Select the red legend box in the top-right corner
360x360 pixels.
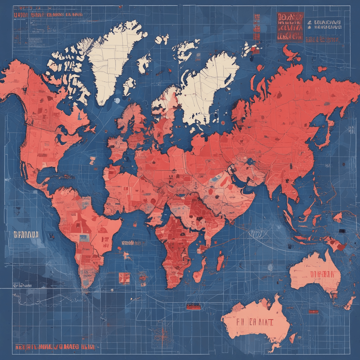290,27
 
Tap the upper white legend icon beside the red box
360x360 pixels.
309,22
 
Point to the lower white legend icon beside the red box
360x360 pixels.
309,28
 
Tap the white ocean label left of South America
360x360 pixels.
26,234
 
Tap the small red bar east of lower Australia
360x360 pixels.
313,312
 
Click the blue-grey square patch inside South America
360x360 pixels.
84,238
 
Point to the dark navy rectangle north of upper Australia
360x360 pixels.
342,231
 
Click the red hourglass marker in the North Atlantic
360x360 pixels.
92,162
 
